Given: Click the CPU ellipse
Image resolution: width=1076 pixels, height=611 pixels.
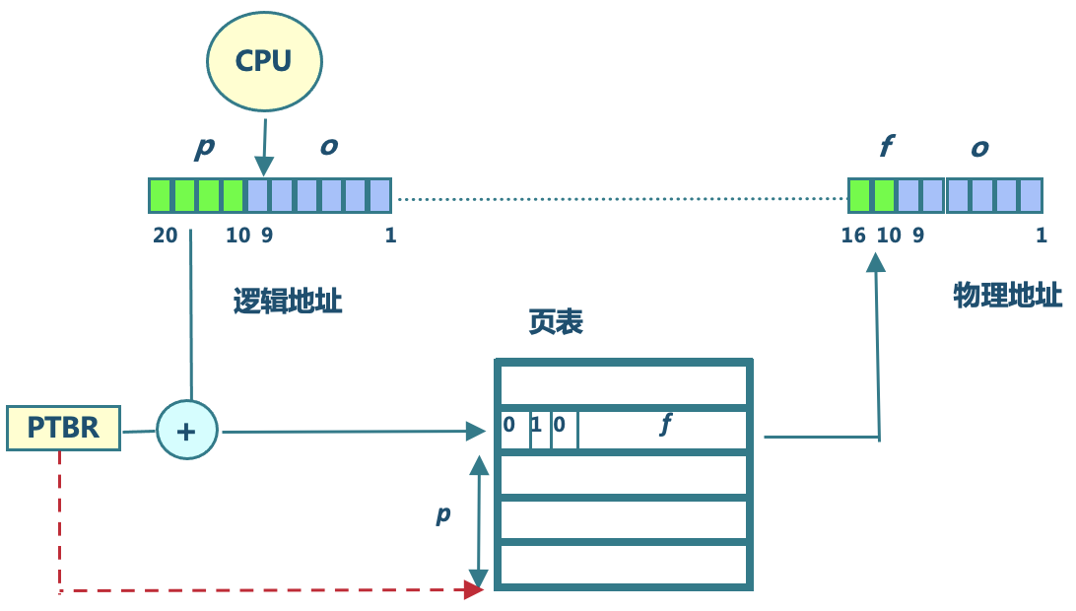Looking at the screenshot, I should click(x=264, y=60).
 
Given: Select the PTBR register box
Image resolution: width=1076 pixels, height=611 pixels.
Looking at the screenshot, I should click(x=63, y=429).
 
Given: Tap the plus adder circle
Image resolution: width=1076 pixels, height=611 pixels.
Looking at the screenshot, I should click(x=186, y=431).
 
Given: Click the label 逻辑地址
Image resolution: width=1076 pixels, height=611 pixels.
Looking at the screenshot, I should click(x=288, y=301).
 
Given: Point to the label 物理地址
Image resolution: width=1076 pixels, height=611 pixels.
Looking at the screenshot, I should click(x=1008, y=295).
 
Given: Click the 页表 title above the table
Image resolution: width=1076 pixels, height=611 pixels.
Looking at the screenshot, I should click(x=555, y=322).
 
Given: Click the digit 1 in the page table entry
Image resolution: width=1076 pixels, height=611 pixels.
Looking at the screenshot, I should click(x=536, y=427).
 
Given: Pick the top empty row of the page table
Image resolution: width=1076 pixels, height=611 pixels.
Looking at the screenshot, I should click(x=623, y=383).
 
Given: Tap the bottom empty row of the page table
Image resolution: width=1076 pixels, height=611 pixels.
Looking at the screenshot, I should click(x=623, y=565).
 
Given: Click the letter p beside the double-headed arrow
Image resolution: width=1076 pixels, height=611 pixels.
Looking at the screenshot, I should click(x=443, y=513).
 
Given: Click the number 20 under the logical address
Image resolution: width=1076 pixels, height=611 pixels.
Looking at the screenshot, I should click(x=165, y=236).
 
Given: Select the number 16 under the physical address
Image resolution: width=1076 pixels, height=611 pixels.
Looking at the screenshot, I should click(x=853, y=236).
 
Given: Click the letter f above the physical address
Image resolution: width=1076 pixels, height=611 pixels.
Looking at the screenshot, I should click(x=885, y=147).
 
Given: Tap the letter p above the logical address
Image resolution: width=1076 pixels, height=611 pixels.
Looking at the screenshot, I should click(x=205, y=147).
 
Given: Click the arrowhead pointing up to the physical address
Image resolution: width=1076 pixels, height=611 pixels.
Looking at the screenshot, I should click(x=876, y=263).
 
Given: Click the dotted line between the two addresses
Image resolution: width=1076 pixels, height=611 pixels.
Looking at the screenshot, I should click(x=621, y=199).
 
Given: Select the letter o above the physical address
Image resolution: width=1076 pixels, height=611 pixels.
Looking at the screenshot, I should click(x=979, y=148).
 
